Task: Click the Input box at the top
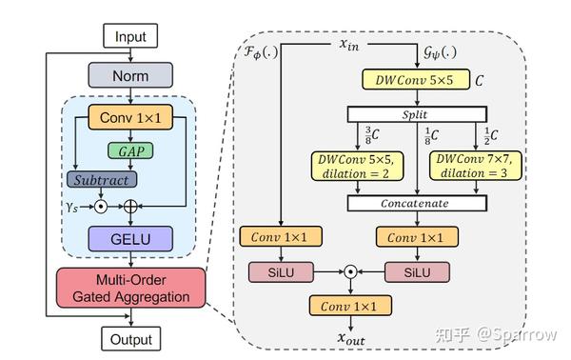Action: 130,37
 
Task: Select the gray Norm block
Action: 130,74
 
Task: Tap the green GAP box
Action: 130,150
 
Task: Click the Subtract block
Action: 100,178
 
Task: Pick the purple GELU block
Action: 130,237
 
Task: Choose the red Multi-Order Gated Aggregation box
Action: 130,287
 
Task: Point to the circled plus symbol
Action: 130,204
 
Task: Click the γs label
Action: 71,204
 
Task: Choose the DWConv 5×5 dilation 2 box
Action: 355,167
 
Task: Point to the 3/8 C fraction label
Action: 370,134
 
